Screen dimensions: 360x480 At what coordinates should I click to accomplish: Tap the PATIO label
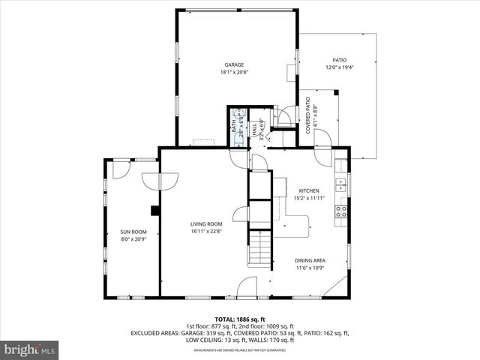[x=339, y=60]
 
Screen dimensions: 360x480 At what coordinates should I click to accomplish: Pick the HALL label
[x=254, y=130]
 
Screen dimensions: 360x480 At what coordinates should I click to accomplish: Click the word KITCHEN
[x=310, y=190]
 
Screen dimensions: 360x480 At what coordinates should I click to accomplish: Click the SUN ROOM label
[x=133, y=232]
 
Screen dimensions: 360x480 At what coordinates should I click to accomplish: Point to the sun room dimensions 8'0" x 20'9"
[x=133, y=239]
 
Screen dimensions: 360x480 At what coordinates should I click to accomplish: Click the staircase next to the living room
[x=259, y=247]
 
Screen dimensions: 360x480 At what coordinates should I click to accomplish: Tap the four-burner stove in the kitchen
[x=341, y=210]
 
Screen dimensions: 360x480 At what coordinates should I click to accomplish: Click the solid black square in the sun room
[x=154, y=210]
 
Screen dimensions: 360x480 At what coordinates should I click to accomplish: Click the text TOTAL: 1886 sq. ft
[x=240, y=318]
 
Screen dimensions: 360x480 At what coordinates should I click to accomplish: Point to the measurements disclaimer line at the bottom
[x=240, y=349]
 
